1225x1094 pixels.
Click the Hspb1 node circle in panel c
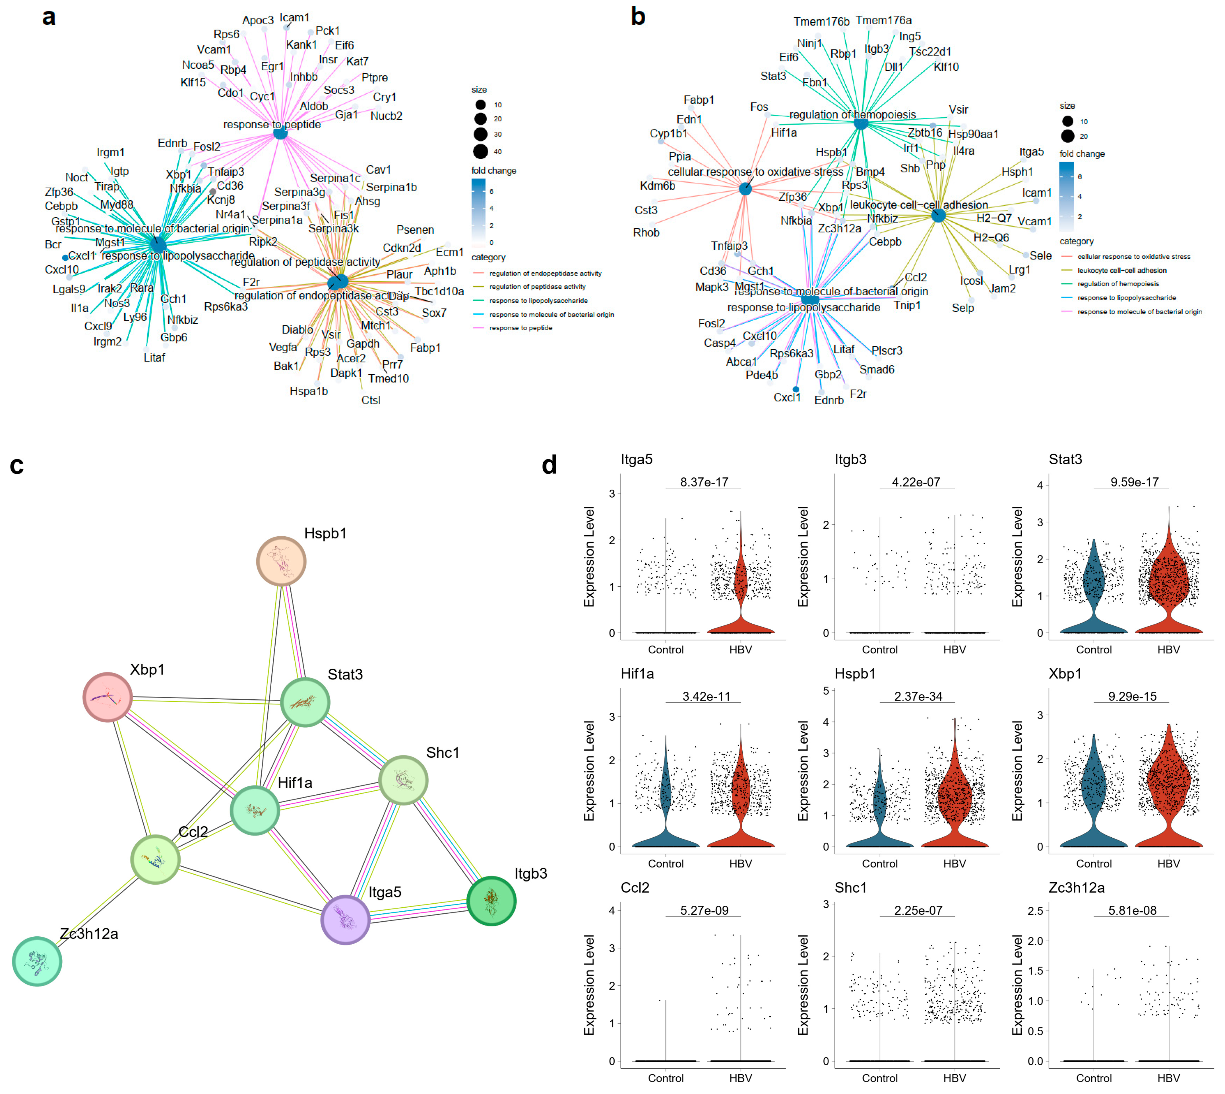281,561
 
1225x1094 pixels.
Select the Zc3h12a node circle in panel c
37,961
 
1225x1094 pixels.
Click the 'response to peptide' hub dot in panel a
280,133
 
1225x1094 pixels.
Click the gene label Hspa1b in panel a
309,391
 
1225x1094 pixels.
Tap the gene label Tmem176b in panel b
821,22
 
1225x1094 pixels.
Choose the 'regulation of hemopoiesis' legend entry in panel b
1118,284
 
